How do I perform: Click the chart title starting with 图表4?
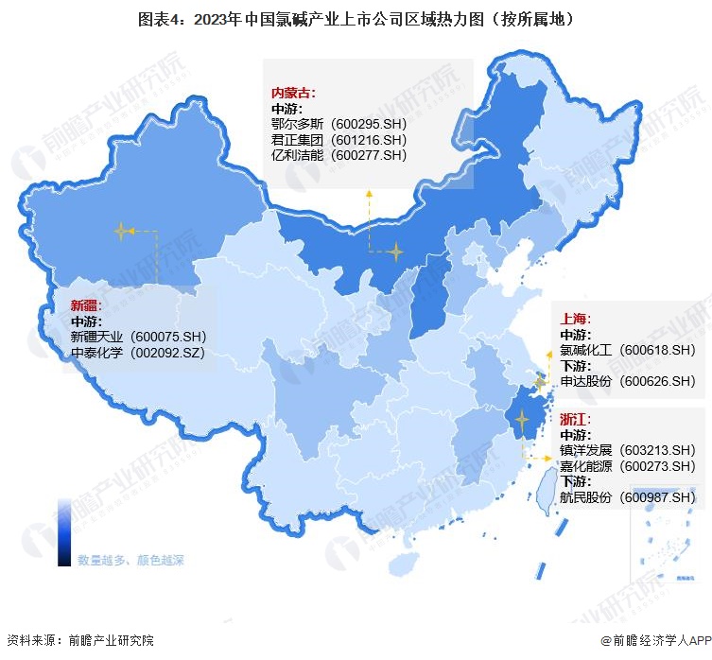356,18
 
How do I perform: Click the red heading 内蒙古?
293,93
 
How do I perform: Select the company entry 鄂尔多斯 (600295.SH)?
339,124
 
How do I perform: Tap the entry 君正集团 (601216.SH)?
339,140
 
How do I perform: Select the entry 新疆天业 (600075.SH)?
137,337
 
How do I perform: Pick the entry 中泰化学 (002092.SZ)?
137,353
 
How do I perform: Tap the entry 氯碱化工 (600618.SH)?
627,350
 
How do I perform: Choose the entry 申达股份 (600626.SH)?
627,381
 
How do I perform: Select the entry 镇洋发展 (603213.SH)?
627,450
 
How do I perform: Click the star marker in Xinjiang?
121,230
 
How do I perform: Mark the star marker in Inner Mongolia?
395,252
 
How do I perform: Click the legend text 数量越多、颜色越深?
130,559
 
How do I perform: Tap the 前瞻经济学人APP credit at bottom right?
652,640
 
